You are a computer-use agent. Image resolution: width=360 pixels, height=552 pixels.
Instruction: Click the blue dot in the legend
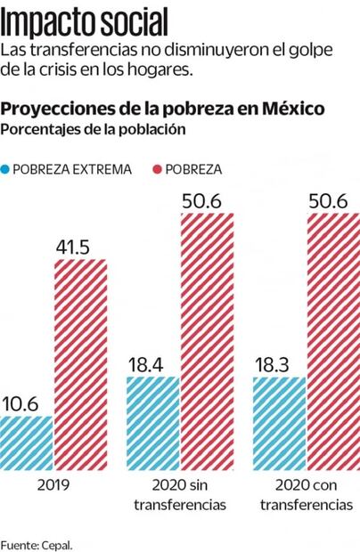(x=7, y=168)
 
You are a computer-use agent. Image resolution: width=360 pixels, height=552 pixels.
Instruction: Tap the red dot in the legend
(x=158, y=168)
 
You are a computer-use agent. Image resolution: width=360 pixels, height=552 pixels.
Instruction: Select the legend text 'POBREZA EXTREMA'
(x=78, y=168)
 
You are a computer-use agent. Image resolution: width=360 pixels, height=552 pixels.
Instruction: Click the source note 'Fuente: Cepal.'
(x=37, y=542)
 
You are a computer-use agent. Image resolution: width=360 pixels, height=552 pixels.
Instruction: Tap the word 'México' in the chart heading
(x=292, y=109)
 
